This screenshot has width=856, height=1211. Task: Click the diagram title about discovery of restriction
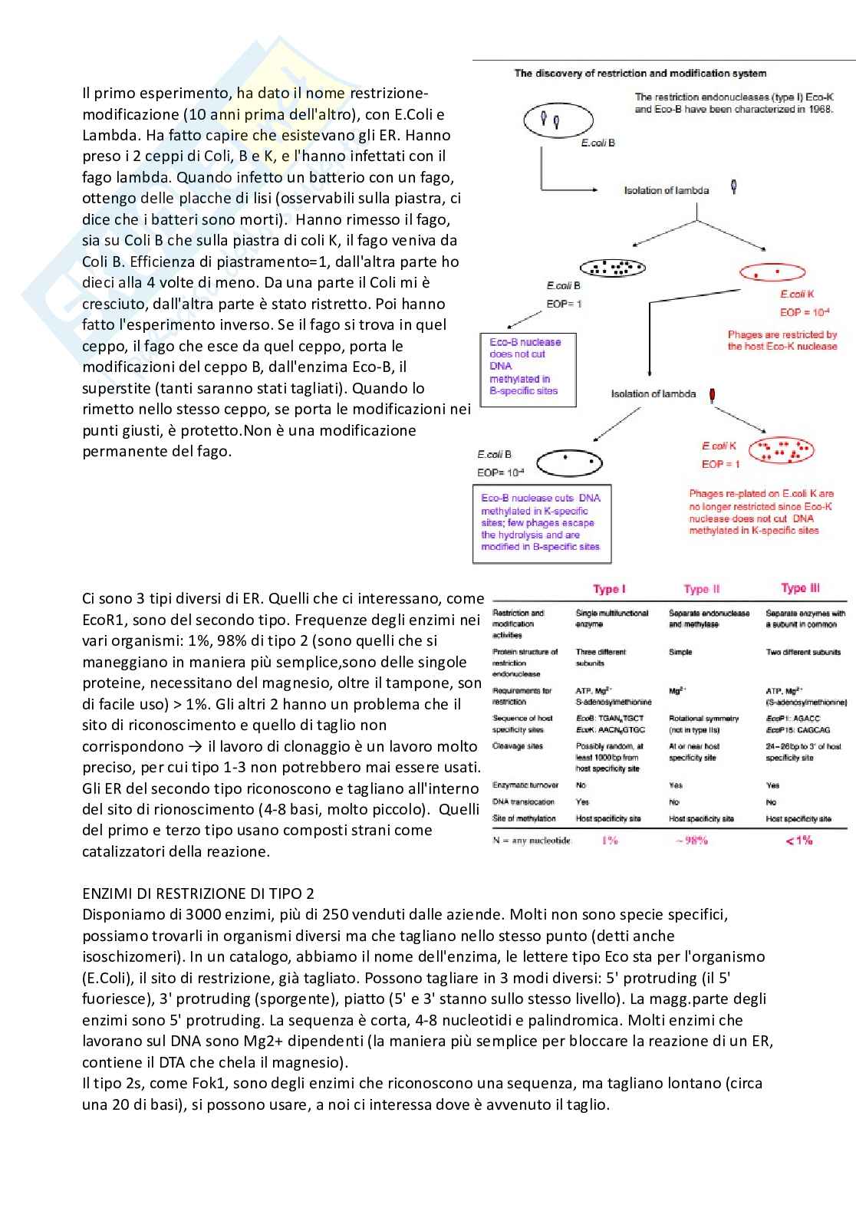(x=640, y=74)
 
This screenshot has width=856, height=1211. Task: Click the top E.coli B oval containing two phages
(x=558, y=120)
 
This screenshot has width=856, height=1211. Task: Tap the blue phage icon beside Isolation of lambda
(x=735, y=186)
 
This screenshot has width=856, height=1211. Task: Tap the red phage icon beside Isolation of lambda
(x=713, y=394)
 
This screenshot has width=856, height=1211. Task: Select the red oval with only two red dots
(x=772, y=272)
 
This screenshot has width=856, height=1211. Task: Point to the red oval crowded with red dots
(x=781, y=450)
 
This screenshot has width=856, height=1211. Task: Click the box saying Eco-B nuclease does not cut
(x=527, y=367)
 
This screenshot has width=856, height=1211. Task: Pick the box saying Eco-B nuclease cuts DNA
(x=541, y=523)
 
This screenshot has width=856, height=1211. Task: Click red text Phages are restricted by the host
(x=782, y=341)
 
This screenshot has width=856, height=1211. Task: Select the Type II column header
(x=702, y=589)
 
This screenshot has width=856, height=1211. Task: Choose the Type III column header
(x=800, y=588)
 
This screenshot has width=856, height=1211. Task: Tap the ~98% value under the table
(x=691, y=841)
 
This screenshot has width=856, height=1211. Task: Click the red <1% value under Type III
(x=798, y=841)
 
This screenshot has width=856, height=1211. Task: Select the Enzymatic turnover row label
(x=525, y=785)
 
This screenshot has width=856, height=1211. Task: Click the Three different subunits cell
(x=601, y=657)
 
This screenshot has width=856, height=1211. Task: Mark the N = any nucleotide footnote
(x=532, y=841)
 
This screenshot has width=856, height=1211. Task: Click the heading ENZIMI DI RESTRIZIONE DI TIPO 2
(x=198, y=893)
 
